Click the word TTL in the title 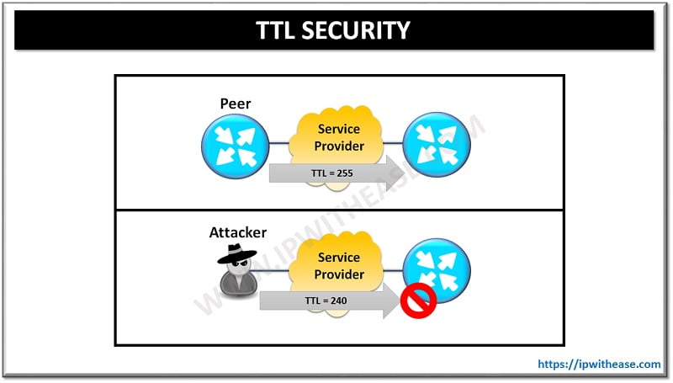click(279, 31)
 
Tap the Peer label click(236, 104)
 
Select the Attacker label click(238, 231)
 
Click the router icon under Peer click(235, 145)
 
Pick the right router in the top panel click(437, 145)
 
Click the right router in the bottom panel click(437, 270)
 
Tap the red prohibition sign click(418, 299)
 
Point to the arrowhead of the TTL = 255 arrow click(389, 175)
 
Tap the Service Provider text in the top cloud click(339, 137)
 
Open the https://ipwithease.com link click(599, 364)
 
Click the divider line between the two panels click(339, 210)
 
